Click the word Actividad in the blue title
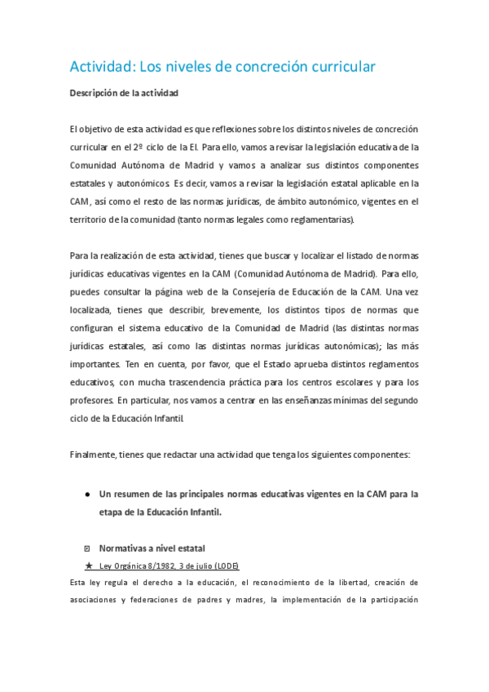[x=101, y=67]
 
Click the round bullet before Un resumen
[x=87, y=495]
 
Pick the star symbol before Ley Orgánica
[x=88, y=566]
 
